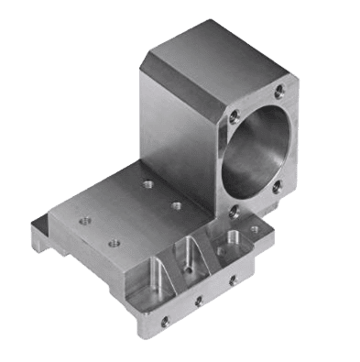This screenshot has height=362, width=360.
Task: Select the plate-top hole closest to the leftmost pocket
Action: [x=114, y=243]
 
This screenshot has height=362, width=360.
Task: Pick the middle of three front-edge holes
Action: [x=199, y=300]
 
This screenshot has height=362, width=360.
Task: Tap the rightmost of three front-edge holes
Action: [x=232, y=280]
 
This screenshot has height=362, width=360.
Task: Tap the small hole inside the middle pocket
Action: [x=185, y=270]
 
